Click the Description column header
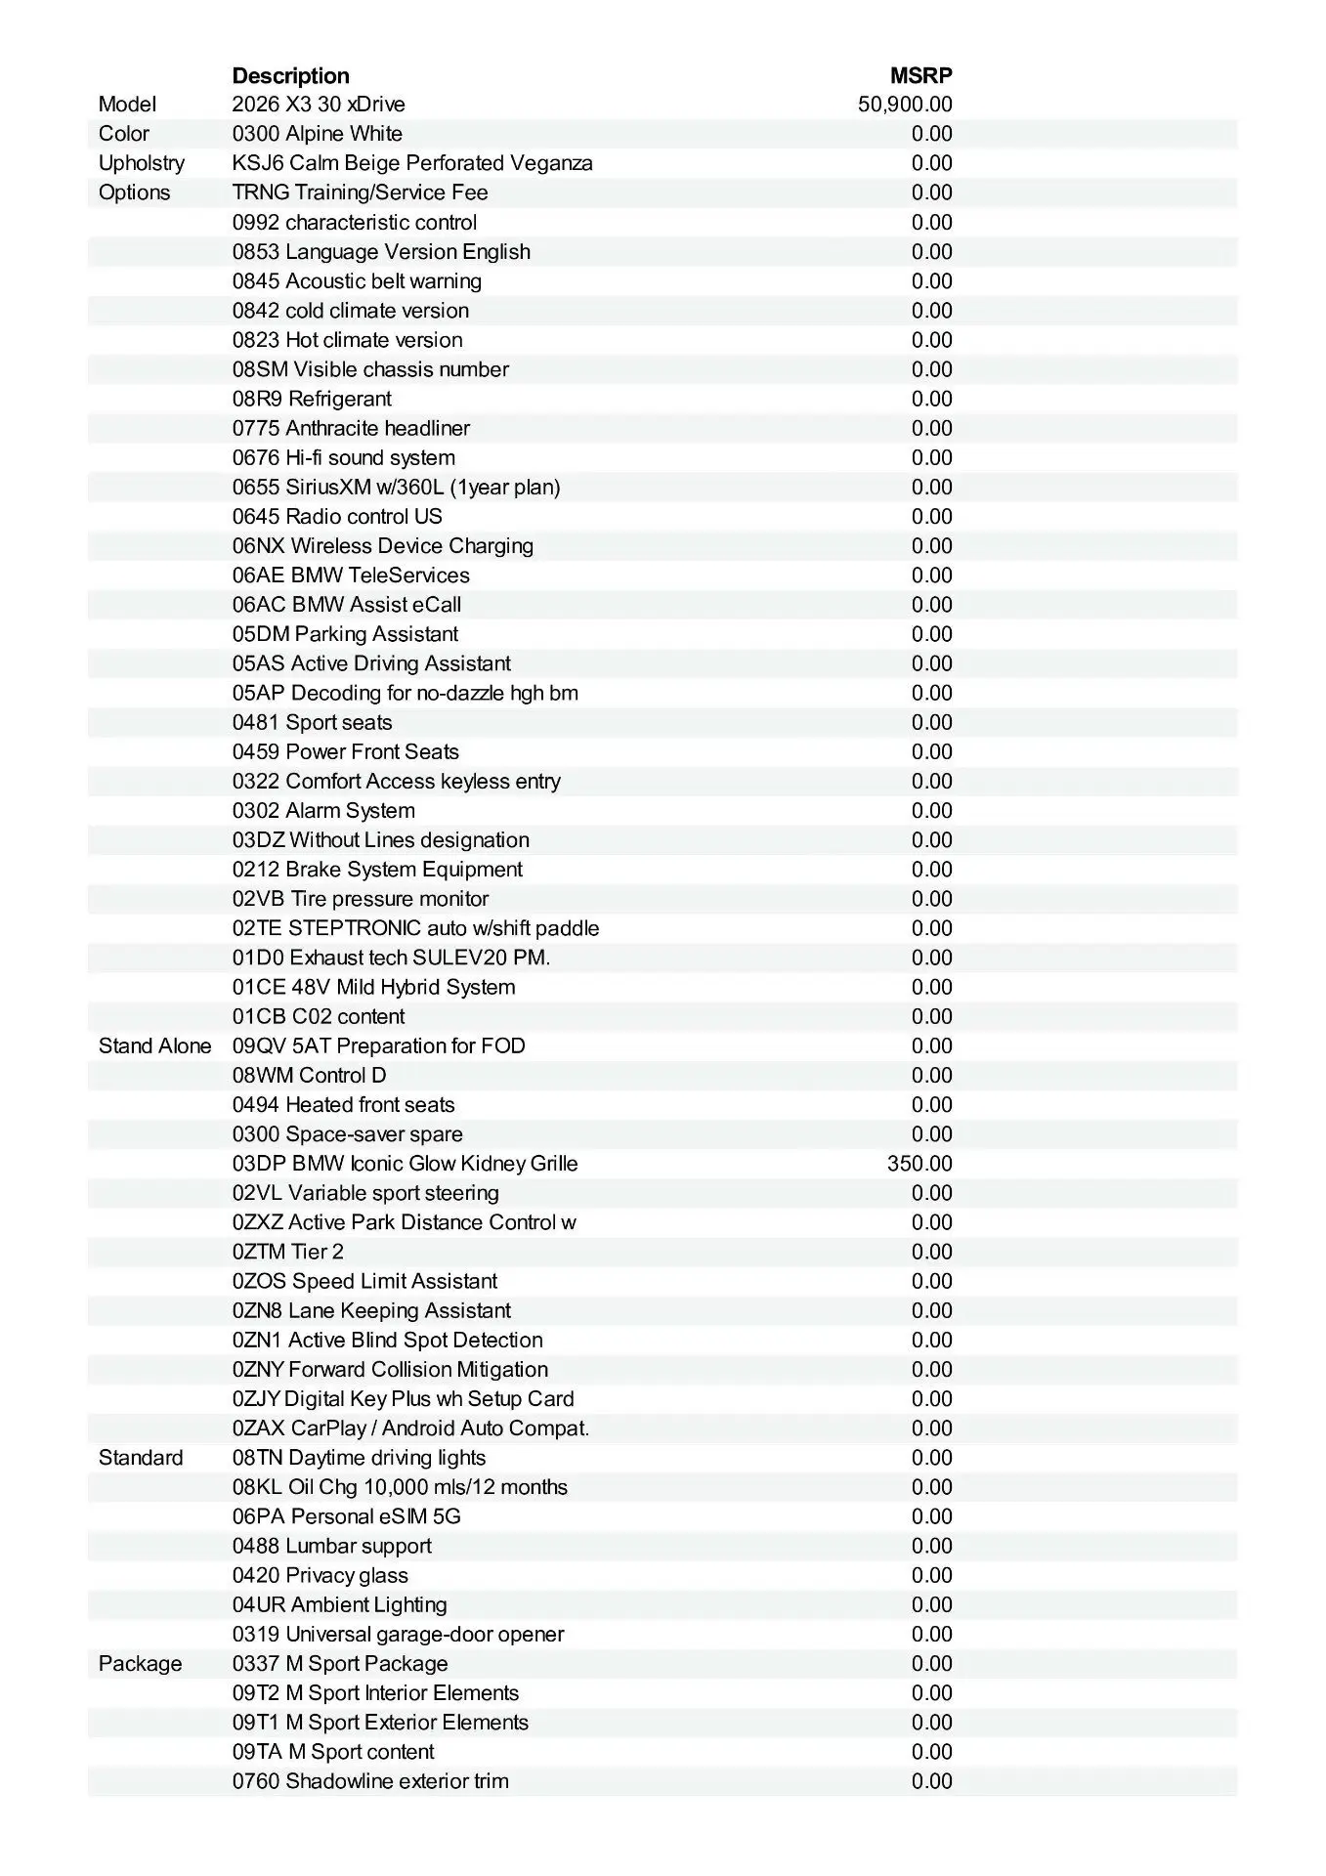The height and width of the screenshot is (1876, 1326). click(290, 76)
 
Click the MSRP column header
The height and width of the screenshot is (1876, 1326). click(920, 76)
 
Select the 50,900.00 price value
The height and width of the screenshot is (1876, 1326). click(905, 105)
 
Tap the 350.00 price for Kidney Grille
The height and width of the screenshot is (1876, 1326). click(920, 1164)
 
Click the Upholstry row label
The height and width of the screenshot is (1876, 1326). click(142, 163)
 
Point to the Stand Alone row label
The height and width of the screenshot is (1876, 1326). click(154, 1046)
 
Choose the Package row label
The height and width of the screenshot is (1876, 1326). click(140, 1664)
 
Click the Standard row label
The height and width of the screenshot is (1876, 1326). click(141, 1458)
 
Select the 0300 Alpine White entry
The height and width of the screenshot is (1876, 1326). click(318, 134)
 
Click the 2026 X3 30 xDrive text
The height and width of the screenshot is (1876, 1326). click(319, 105)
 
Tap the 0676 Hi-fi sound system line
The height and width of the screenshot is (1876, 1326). click(344, 458)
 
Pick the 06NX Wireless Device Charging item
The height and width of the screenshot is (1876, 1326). click(383, 546)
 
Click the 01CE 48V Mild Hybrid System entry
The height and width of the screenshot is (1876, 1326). click(373, 987)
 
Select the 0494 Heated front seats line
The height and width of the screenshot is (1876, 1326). click(343, 1105)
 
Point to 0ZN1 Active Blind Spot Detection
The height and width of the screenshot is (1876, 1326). click(387, 1341)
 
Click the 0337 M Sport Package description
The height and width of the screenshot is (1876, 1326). click(340, 1664)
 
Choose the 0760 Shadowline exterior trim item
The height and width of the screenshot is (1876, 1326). click(370, 1781)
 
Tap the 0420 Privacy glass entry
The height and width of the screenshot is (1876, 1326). click(321, 1576)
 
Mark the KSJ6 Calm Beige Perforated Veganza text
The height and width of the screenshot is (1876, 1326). click(412, 163)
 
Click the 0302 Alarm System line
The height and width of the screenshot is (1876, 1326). click(323, 811)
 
